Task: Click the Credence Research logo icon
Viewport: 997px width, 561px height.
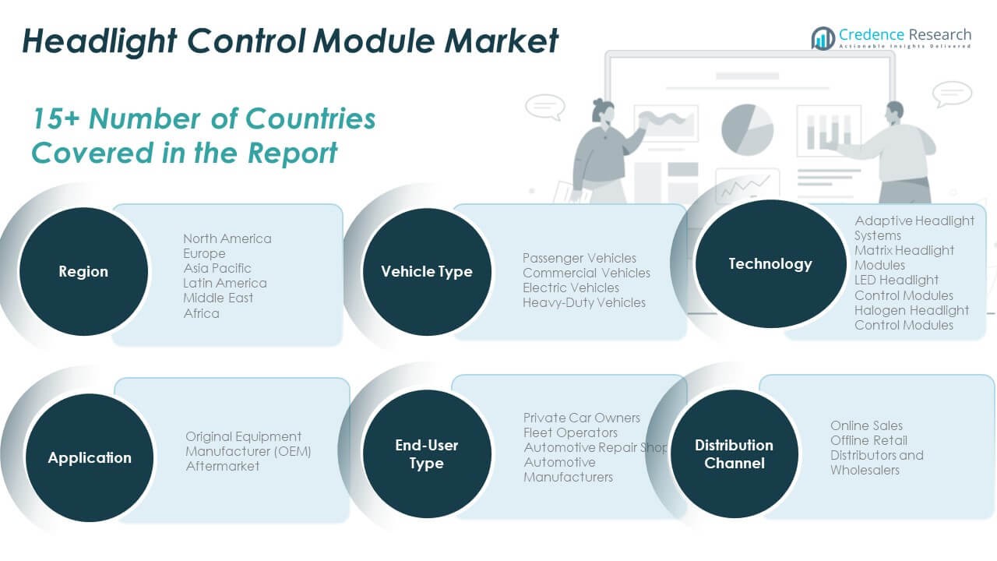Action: (823, 38)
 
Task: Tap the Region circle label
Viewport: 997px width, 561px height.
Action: (83, 271)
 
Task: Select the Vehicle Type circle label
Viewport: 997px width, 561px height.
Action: (426, 271)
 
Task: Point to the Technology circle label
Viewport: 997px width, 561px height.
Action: (770, 263)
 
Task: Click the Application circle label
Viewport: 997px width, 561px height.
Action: (90, 457)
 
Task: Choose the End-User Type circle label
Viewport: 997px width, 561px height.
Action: (426, 453)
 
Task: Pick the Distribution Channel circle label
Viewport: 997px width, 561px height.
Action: (734, 453)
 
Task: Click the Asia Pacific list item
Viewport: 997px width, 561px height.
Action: (217, 268)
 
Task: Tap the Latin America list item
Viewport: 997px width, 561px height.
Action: (224, 283)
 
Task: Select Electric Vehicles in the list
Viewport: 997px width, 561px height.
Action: (571, 288)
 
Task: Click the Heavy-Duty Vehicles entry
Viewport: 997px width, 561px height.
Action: (584, 302)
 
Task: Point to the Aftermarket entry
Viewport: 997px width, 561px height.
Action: (222, 466)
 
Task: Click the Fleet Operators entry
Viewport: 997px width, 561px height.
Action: (570, 432)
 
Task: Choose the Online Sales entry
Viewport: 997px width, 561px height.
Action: (866, 425)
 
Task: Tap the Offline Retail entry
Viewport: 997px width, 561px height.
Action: (868, 440)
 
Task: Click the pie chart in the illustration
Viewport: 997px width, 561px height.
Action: (747, 129)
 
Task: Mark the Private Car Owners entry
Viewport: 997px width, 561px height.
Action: (581, 418)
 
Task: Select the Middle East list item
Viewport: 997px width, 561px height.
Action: (218, 298)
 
